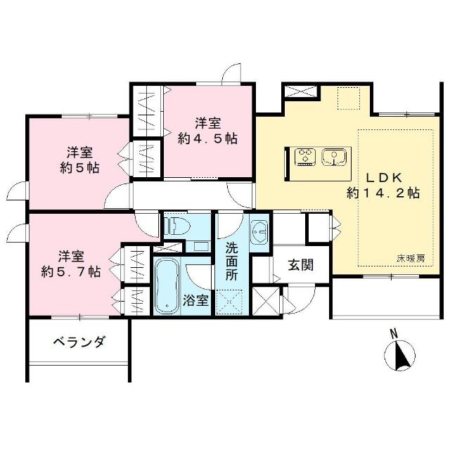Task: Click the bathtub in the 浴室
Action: [x=167, y=285]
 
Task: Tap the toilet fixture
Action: [x=179, y=226]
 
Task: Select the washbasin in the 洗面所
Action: [x=259, y=232]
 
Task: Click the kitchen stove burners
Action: [x=305, y=157]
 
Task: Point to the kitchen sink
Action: [x=334, y=157]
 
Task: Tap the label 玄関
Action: [x=300, y=264]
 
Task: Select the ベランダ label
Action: [x=79, y=342]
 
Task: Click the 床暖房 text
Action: [x=411, y=259]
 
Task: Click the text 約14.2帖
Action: [x=382, y=193]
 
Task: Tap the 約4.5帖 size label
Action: [x=207, y=139]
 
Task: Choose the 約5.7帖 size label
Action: [x=71, y=271]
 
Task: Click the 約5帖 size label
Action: [x=79, y=167]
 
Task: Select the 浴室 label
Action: [x=195, y=300]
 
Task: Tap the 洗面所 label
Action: [x=231, y=261]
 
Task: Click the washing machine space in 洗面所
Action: [x=229, y=302]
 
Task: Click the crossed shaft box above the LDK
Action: [x=301, y=91]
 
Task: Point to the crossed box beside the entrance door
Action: [x=266, y=301]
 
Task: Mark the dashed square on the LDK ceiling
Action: [x=349, y=98]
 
